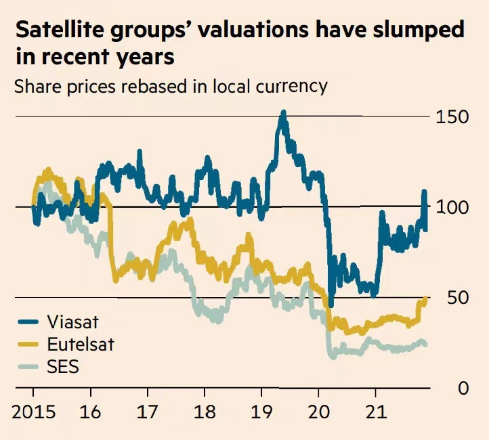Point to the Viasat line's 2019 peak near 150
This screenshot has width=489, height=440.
click(x=283, y=113)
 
